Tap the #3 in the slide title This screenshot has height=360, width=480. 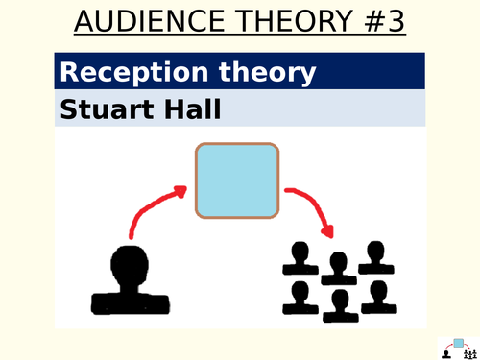[x=385, y=21]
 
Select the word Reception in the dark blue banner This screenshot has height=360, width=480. [x=134, y=73]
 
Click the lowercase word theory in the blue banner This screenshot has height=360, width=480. [x=268, y=73]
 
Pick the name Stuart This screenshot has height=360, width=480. [x=106, y=109]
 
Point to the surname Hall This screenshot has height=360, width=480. [x=193, y=109]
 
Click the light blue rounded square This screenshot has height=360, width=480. [x=237, y=180]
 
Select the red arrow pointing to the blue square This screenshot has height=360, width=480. [x=150, y=204]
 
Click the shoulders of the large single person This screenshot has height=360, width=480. [x=131, y=303]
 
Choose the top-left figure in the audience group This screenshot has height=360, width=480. [x=300, y=258]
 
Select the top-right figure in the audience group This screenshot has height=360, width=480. [x=376, y=257]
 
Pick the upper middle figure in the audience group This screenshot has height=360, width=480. [x=339, y=269]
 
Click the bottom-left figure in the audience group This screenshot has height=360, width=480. [x=300, y=298]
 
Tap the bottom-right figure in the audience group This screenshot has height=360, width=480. [x=379, y=297]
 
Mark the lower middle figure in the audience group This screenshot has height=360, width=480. [x=341, y=305]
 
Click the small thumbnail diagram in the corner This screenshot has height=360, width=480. [x=459, y=348]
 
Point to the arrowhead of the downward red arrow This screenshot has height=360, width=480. [x=328, y=231]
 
